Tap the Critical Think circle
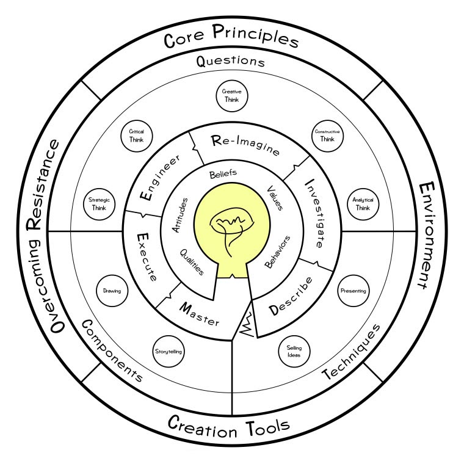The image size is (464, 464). pyautogui.click(x=136, y=135)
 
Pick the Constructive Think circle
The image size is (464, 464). pyautogui.click(x=327, y=135)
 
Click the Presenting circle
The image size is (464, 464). pyautogui.click(x=354, y=291)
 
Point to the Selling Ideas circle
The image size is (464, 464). pyautogui.click(x=294, y=351)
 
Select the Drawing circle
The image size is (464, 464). pyautogui.click(x=112, y=291)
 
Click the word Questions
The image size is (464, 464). pyautogui.click(x=231, y=62)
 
